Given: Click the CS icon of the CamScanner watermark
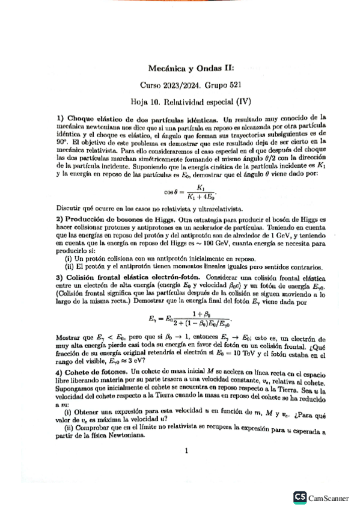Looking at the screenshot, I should pos(299,497).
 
